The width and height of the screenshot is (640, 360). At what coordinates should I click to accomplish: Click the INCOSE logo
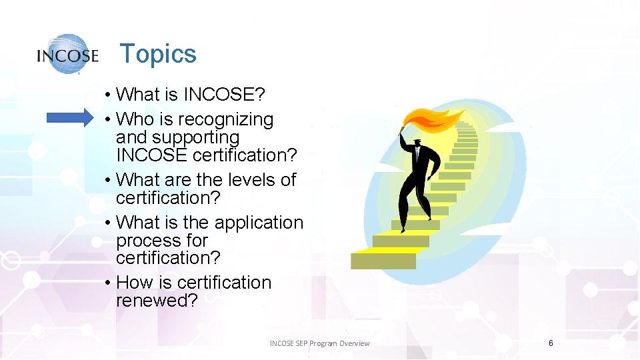[68, 55]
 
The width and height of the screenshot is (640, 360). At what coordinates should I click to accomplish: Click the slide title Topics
[158, 54]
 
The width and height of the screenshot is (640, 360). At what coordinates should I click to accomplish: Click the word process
[143, 241]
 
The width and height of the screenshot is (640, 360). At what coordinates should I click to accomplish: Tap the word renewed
[157, 301]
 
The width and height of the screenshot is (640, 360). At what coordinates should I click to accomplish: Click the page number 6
[551, 343]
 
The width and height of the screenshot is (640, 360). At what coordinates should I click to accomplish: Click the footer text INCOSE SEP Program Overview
[319, 343]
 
